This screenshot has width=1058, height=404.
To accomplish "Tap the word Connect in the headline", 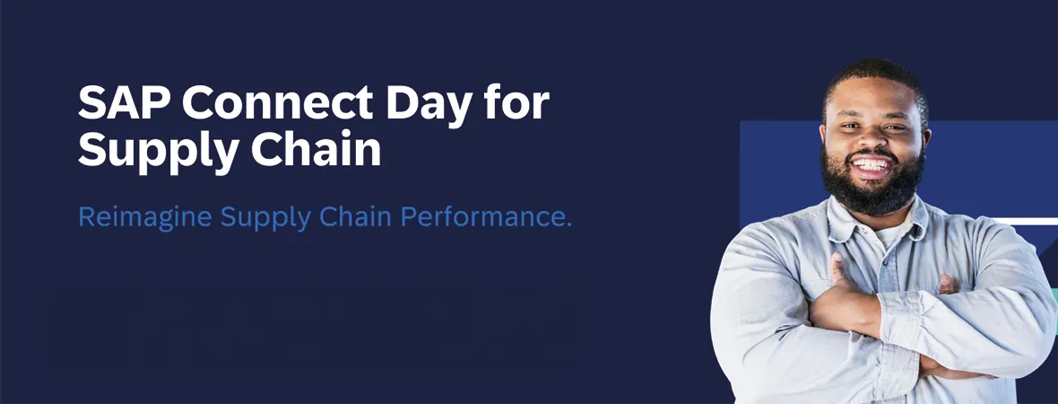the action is [x=278, y=102].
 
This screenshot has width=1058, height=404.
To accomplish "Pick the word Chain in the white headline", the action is [x=316, y=150].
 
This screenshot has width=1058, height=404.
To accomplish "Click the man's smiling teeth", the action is [x=872, y=164].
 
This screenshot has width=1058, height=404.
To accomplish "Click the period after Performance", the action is [x=568, y=225].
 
